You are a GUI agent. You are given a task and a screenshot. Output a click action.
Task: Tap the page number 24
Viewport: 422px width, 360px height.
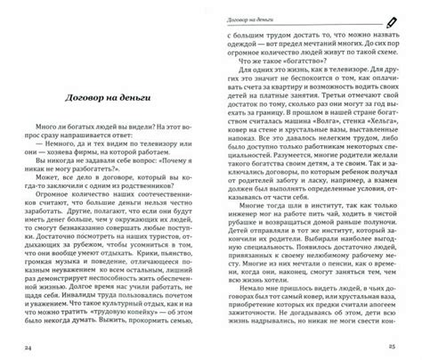click(x=28, y=347)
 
